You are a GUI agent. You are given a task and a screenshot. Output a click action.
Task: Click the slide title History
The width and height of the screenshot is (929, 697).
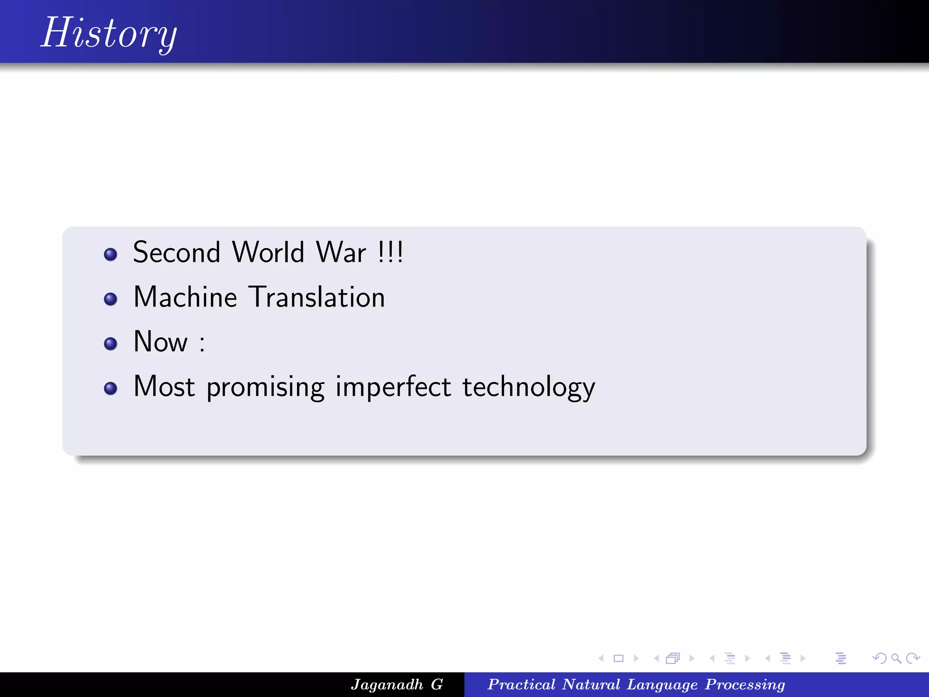coord(109,33)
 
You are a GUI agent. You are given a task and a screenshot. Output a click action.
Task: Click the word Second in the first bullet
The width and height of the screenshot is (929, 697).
coord(176,252)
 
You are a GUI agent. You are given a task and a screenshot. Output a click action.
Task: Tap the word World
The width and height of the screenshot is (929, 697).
coord(268,252)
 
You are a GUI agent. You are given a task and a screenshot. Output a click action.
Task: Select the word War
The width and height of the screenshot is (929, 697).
coord(341,252)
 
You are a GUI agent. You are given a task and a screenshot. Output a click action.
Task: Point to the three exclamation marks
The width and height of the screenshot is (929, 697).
coord(390,252)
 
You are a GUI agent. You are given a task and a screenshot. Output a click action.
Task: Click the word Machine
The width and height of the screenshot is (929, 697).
coord(185,297)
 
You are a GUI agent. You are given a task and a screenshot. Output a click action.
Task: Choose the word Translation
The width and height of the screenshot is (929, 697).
coord(318,297)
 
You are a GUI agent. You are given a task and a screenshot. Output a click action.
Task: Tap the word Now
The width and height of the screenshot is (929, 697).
coord(161,342)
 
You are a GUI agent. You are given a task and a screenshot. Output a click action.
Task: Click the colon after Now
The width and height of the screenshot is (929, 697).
coord(202,344)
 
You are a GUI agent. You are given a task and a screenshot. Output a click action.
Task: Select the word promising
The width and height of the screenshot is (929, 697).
coord(265,387)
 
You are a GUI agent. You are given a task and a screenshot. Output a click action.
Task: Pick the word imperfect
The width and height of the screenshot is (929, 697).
coord(393,387)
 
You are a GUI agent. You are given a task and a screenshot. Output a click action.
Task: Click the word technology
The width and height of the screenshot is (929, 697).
coord(528,387)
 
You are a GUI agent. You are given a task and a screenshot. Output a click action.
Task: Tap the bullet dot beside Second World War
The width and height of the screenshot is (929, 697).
coord(110,254)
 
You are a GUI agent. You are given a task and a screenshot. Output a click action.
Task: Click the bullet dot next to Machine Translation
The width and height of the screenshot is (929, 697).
coord(110,299)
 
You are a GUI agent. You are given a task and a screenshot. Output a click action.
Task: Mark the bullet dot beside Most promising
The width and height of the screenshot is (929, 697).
coord(110,388)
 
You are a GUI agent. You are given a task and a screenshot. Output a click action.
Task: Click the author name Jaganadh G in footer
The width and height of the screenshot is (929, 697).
coord(396,684)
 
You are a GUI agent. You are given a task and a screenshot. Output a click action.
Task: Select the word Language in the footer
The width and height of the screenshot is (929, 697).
coord(662,684)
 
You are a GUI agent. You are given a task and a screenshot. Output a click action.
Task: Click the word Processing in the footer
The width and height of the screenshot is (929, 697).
coord(745,684)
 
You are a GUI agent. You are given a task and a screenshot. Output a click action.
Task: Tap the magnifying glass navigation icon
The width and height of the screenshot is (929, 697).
coord(896,658)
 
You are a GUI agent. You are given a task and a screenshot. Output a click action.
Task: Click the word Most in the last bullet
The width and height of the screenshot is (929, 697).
coord(164,387)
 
